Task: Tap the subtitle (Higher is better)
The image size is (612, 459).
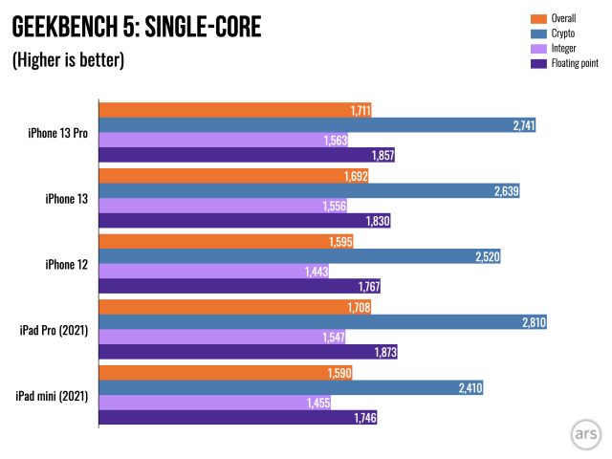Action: pyautogui.click(x=68, y=60)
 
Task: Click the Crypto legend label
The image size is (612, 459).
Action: pyautogui.click(x=565, y=33)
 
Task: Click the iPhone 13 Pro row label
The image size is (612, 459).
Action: pyautogui.click(x=58, y=133)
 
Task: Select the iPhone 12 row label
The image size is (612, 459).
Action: pyautogui.click(x=67, y=264)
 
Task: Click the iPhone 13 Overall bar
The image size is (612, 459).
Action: pyautogui.click(x=233, y=176)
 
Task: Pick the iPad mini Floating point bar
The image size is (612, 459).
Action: pyautogui.click(x=239, y=418)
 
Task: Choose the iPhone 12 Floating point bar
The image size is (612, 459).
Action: pyautogui.click(x=240, y=287)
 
